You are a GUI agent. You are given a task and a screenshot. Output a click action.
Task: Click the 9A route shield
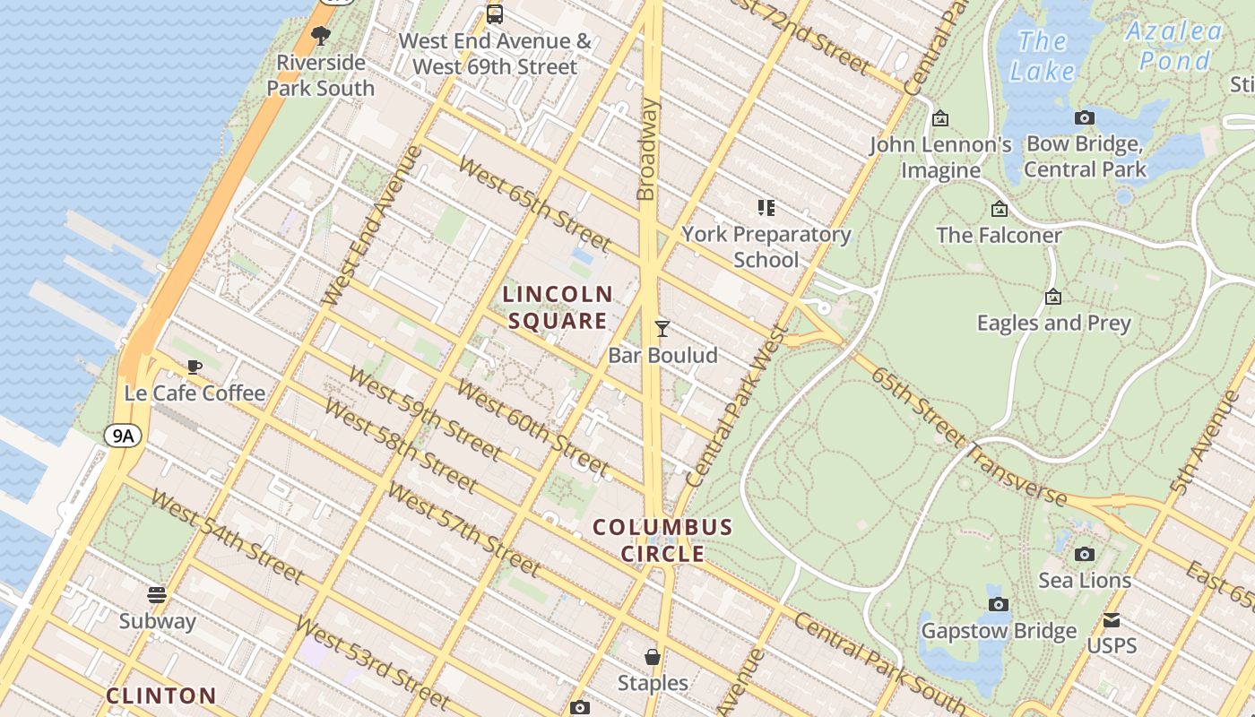[x=123, y=436]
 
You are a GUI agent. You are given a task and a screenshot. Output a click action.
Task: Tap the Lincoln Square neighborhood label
[x=557, y=307]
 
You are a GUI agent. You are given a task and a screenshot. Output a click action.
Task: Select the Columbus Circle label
[x=662, y=540]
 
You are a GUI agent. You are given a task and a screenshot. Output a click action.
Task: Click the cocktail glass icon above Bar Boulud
[x=662, y=329]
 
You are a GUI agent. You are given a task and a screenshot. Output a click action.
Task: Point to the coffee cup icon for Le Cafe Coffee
[x=194, y=367]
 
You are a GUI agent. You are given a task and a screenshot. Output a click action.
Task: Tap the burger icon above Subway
[x=157, y=595]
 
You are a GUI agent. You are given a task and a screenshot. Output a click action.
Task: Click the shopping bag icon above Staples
[x=653, y=657]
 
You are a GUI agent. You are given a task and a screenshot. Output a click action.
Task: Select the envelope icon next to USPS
[x=1112, y=620]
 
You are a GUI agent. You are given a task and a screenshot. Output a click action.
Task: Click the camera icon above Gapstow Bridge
[x=999, y=605]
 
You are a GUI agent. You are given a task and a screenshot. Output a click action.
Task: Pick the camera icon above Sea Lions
[x=1085, y=554]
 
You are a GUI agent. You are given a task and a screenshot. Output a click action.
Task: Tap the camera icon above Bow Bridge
[x=1085, y=117]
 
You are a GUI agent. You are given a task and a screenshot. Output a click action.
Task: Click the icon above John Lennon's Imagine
[x=940, y=118]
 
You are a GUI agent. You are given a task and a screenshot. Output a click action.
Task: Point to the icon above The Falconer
[x=1000, y=210]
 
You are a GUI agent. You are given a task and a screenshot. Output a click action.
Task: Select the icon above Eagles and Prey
[x=1053, y=297]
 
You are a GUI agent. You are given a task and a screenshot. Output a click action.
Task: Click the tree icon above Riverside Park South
[x=320, y=36]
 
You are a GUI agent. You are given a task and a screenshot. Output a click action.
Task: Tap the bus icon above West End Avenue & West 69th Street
[x=494, y=13]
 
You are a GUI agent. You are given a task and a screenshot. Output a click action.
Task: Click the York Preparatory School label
[x=766, y=246]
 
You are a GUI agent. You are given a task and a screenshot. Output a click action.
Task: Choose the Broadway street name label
[x=647, y=149]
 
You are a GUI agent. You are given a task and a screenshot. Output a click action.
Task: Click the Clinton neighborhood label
[x=161, y=695]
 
